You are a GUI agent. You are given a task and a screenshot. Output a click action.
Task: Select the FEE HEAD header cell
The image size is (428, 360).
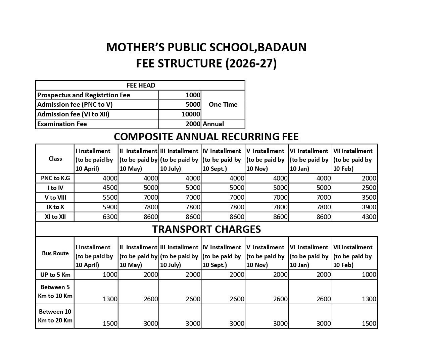[141, 86]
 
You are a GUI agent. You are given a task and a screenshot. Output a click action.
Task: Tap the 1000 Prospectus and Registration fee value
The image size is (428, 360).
[193, 95]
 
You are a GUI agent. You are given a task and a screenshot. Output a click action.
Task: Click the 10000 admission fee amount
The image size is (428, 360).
[191, 114]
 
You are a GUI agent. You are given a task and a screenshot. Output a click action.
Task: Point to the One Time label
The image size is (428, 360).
[223, 104]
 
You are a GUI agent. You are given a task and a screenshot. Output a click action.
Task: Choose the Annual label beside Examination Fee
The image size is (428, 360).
[213, 124]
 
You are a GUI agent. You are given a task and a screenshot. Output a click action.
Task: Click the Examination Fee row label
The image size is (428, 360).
[62, 124]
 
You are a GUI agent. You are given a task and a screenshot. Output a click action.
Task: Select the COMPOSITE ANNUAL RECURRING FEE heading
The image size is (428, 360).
[206, 137]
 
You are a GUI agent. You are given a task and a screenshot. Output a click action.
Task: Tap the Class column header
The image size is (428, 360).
[55, 159]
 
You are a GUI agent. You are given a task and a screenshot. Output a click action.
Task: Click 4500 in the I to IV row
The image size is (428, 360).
[110, 188]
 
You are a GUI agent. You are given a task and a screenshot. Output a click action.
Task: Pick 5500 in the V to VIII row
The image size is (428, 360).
[110, 197]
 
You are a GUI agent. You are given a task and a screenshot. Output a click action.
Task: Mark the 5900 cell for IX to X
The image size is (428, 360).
[110, 207]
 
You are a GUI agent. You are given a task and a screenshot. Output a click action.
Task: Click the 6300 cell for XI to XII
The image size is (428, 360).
[110, 217]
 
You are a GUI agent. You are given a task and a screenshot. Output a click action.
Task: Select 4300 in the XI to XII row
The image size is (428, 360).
[369, 217]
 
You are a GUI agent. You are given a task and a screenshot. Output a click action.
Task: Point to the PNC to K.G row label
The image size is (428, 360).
[55, 178]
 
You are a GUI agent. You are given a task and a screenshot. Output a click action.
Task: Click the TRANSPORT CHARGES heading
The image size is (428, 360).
[206, 229]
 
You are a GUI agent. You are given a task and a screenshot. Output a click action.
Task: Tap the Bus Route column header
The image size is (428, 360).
[55, 253]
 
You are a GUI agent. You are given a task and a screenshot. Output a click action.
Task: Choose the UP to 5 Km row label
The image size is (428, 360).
[55, 275]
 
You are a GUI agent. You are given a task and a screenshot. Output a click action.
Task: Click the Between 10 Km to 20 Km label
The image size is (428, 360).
[55, 316]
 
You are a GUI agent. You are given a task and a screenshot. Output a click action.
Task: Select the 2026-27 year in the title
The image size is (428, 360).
[251, 63]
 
